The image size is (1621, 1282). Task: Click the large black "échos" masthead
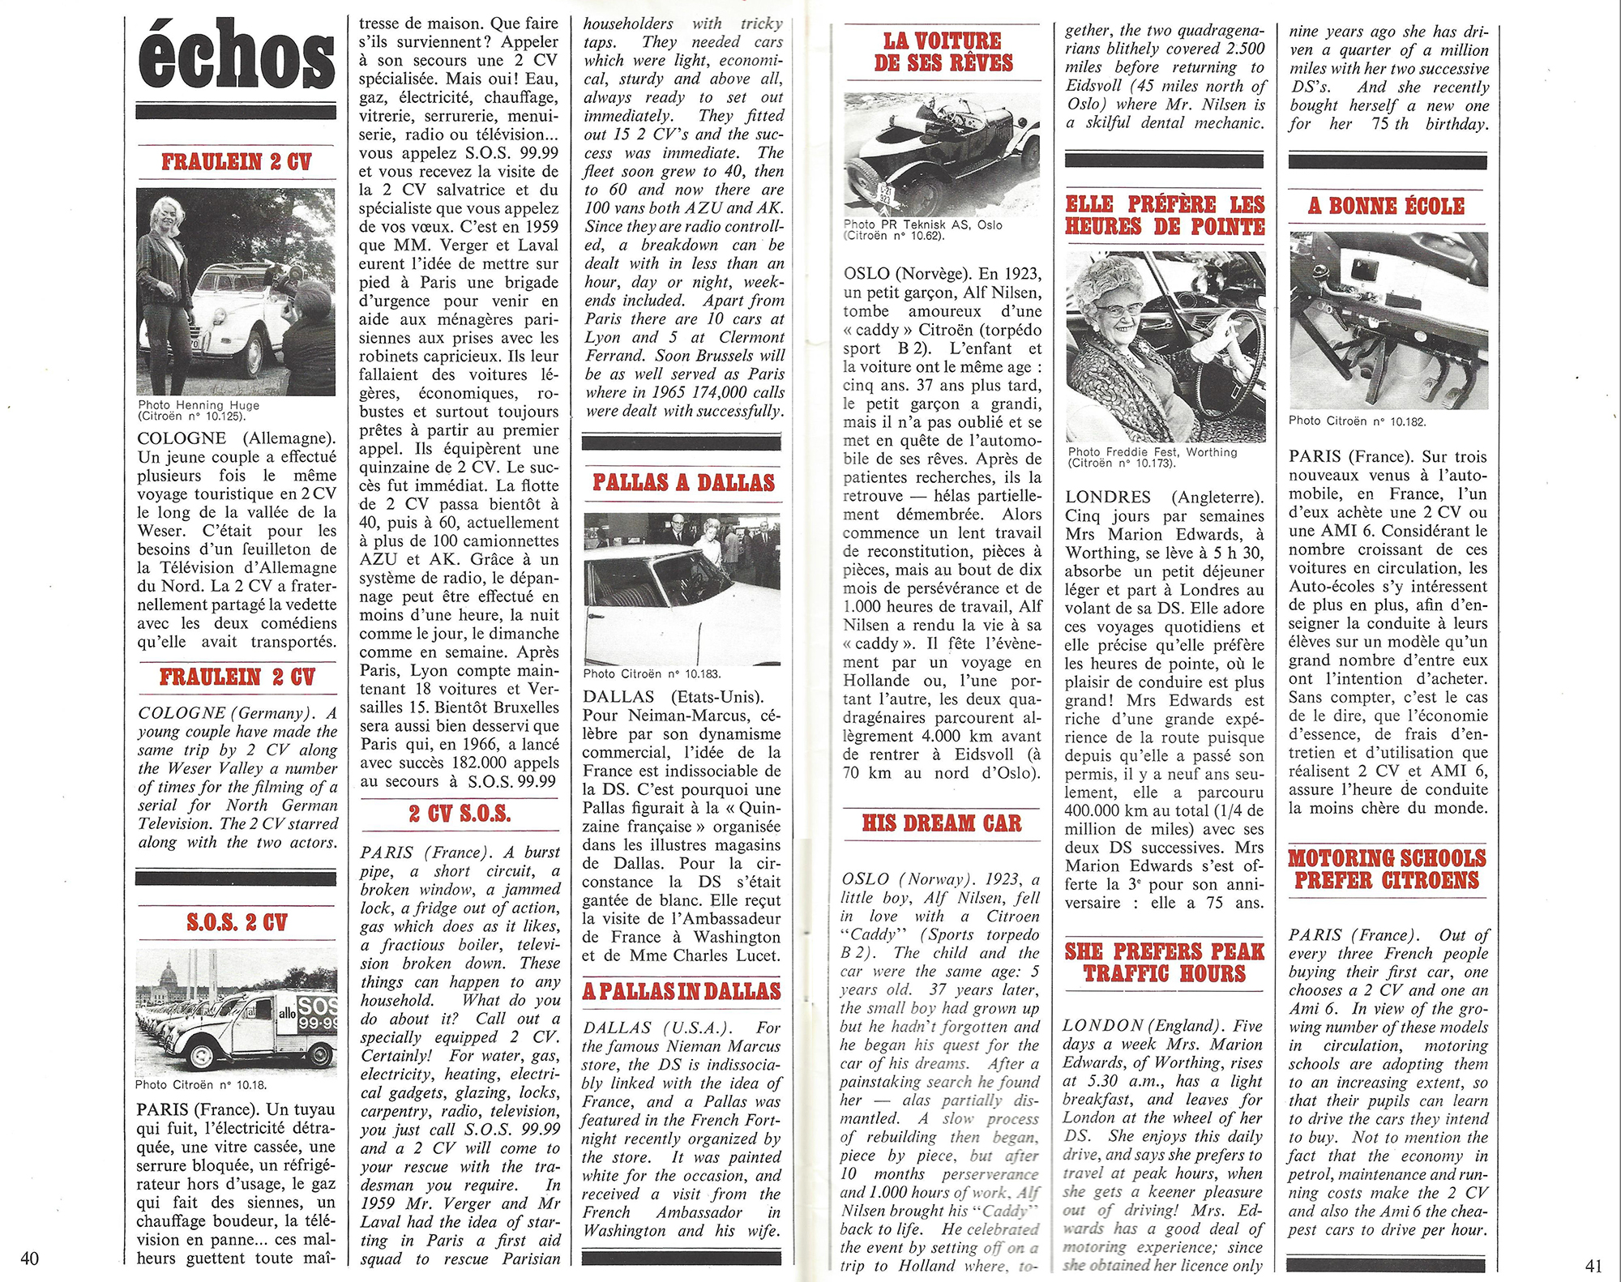tap(236, 58)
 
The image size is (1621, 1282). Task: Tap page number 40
tap(30, 1258)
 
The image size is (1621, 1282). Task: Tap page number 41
tap(1592, 1265)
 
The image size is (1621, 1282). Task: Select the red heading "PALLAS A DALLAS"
tap(682, 483)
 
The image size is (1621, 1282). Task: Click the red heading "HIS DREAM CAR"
tap(942, 823)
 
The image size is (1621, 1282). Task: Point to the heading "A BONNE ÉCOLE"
tap(1387, 206)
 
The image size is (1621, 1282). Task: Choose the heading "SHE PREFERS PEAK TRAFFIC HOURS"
tap(1164, 962)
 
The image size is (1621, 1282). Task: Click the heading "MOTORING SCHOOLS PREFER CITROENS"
tap(1387, 869)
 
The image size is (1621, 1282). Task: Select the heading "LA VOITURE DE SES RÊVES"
tap(943, 52)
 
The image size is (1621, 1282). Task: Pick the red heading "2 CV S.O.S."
tap(460, 814)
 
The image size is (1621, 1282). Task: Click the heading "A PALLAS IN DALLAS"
tap(682, 991)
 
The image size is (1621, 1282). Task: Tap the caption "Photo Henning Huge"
tap(199, 405)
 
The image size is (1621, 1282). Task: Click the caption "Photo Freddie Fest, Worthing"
tap(1153, 452)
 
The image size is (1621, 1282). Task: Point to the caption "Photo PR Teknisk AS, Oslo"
tap(922, 224)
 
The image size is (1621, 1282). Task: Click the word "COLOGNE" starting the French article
tap(182, 438)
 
